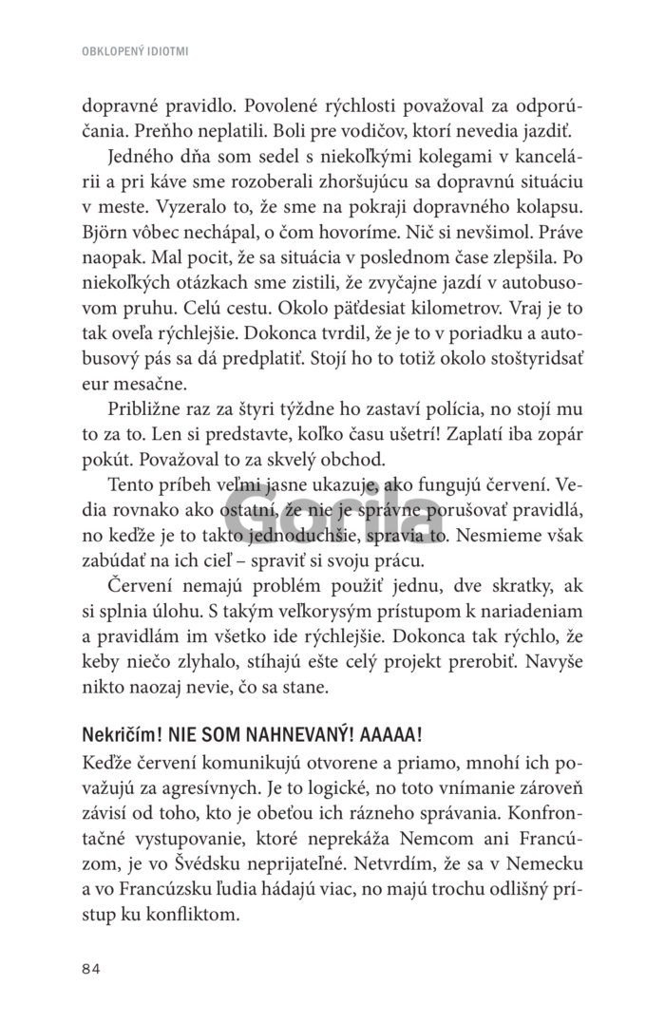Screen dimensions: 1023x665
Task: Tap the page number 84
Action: (x=92, y=968)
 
